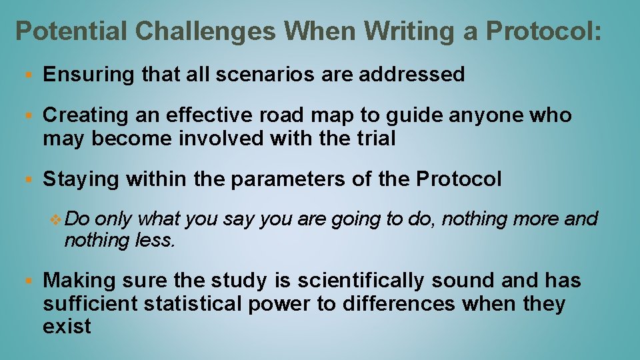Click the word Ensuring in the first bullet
point(89,75)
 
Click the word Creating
point(85,115)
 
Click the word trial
point(376,139)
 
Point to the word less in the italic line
point(155,240)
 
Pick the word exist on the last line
point(67,327)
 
